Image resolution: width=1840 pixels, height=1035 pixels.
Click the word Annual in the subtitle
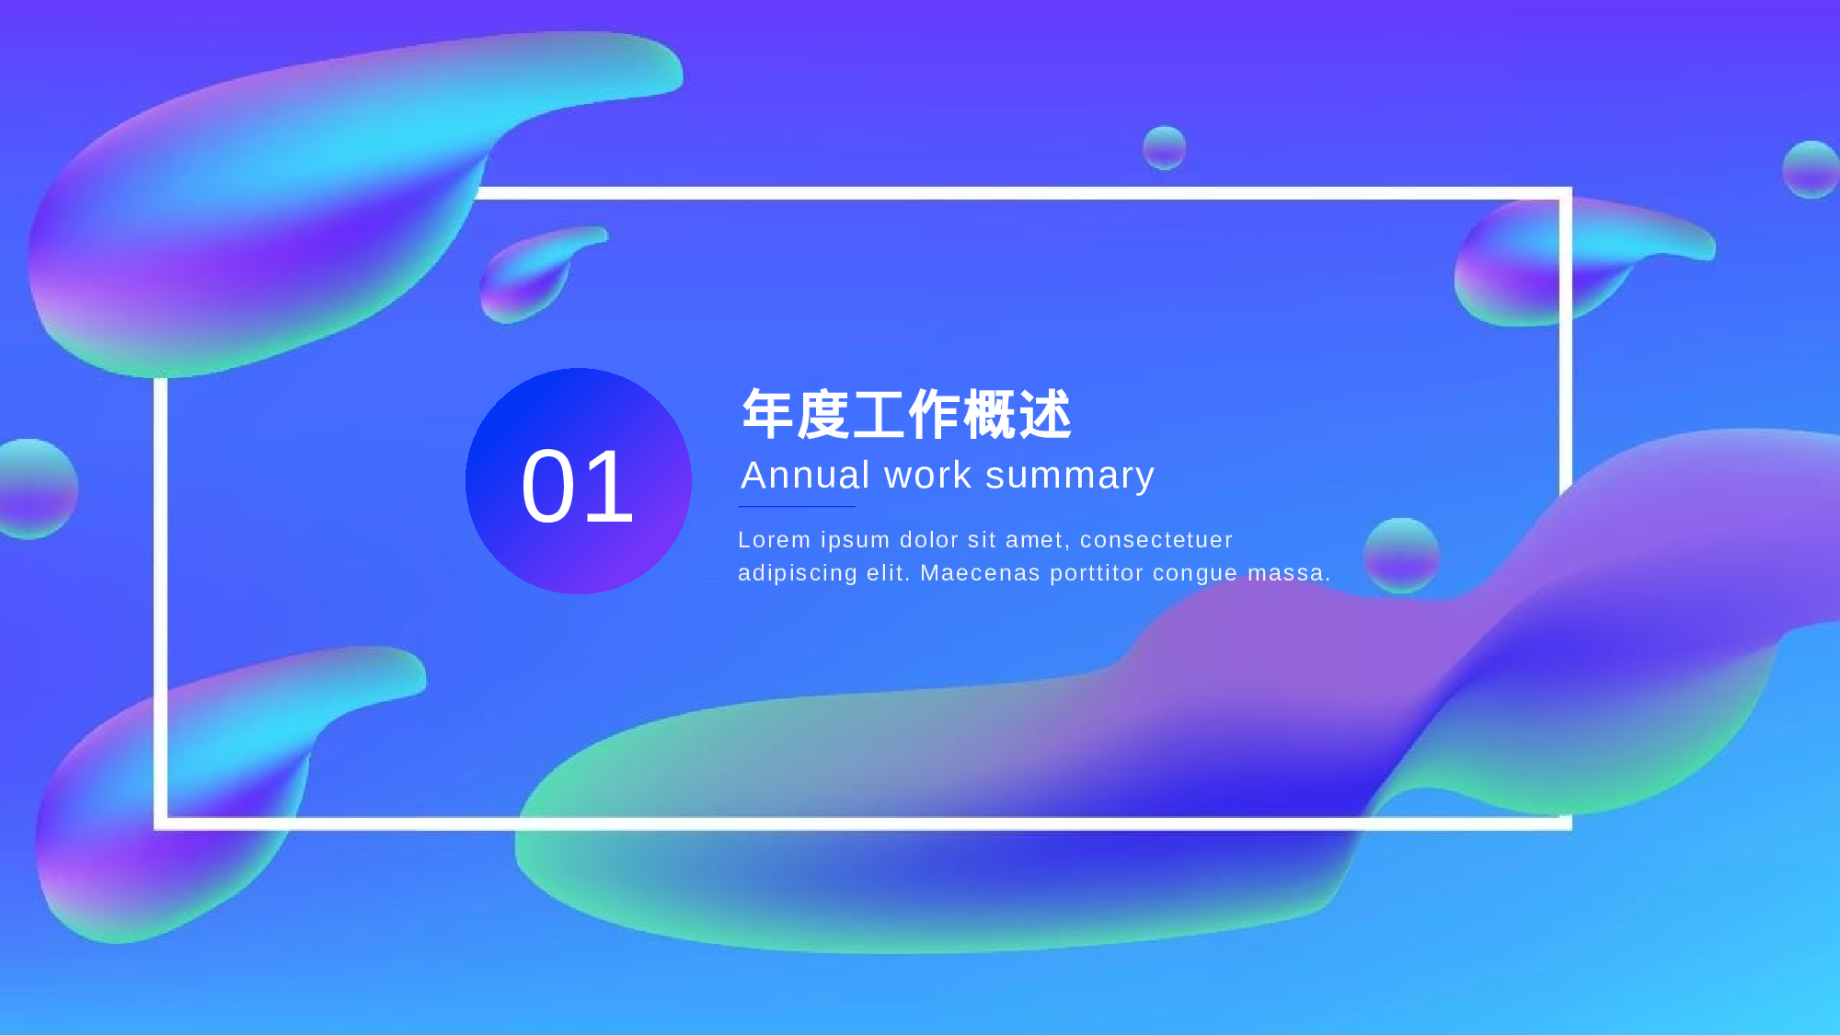805,476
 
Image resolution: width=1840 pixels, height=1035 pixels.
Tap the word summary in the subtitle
1069,476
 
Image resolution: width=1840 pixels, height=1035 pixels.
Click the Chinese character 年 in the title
767,414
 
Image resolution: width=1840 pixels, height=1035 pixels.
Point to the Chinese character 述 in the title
1044,414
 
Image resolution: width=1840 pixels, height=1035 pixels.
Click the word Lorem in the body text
774,540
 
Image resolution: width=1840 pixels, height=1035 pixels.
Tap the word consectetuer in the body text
1156,540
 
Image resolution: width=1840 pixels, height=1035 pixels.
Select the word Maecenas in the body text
980,573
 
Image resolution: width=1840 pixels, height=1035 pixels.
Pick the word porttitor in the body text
1096,573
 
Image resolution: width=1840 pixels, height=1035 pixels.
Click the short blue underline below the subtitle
797,506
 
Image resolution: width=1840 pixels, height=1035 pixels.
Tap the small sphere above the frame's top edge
1164,148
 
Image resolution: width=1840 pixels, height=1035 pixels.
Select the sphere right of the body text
1401,555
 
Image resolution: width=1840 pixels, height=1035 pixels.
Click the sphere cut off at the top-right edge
1811,169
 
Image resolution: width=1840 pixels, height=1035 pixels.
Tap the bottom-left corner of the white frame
161,822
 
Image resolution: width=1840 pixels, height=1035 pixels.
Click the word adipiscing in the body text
797,573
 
